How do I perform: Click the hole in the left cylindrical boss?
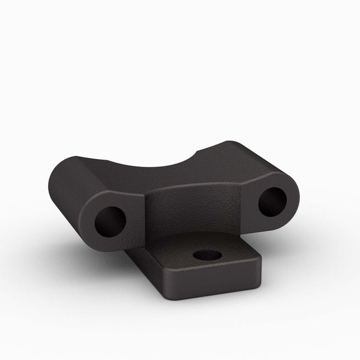110,222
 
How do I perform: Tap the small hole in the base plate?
207,255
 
